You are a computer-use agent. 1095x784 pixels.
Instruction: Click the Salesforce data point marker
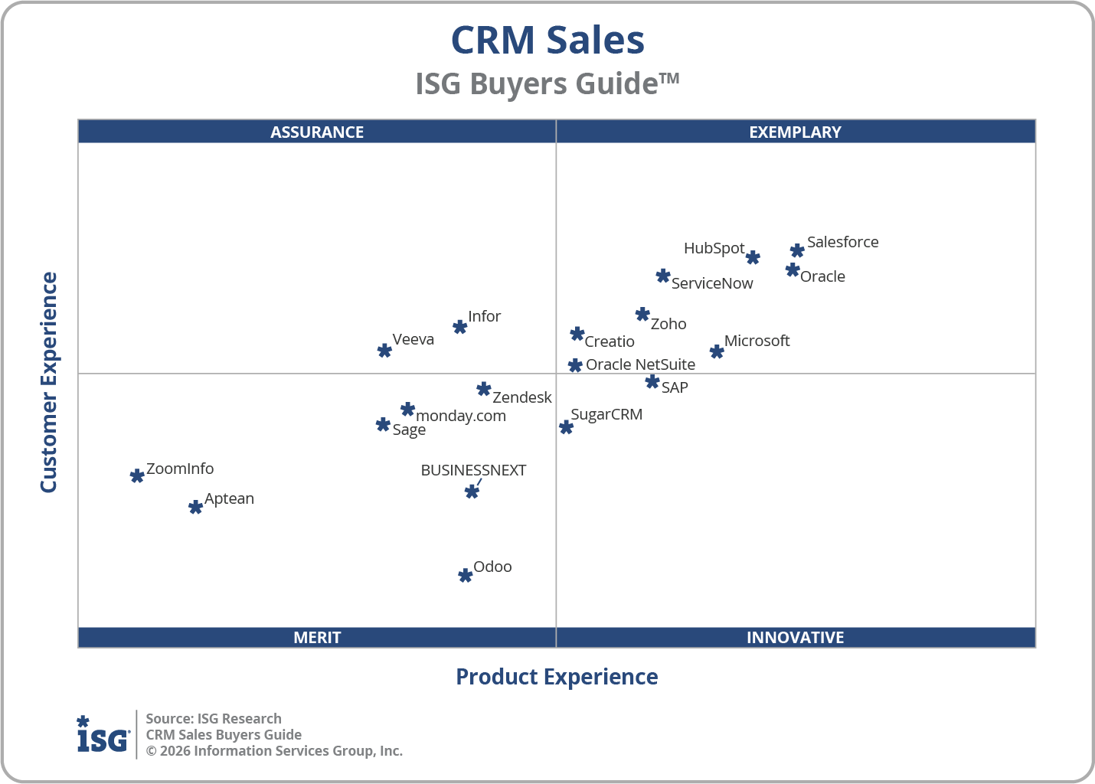797,250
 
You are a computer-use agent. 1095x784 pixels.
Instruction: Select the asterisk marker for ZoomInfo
137,475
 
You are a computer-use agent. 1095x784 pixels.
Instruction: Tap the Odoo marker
465,575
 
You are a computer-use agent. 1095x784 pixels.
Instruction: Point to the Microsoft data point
717,351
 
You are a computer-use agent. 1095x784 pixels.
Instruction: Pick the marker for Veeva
384,350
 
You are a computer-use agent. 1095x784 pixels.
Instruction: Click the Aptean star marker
195,507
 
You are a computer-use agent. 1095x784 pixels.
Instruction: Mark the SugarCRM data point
566,427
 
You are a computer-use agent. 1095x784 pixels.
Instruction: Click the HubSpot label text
714,248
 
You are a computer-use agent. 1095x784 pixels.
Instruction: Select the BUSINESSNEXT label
473,470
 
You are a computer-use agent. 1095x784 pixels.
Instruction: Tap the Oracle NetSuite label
640,364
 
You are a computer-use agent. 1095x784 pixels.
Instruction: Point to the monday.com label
460,416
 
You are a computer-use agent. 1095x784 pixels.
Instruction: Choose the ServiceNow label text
712,283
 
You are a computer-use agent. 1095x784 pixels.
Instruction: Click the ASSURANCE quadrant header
317,132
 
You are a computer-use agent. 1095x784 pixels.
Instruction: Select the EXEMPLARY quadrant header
795,132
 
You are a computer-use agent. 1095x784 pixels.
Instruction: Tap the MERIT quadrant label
317,637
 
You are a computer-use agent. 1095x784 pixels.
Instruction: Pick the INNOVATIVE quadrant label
795,637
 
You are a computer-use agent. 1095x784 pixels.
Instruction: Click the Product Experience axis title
557,677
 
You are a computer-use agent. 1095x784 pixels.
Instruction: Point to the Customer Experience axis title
49,382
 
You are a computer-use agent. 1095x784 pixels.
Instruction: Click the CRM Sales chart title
547,40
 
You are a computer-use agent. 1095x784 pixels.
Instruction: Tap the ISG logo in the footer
103,735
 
